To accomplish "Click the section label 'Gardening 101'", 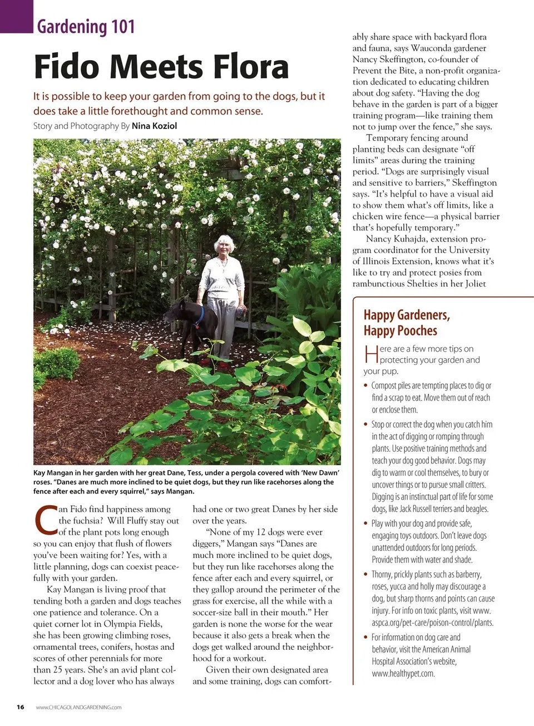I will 86,26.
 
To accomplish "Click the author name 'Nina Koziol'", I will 154,126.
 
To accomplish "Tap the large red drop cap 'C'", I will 45,519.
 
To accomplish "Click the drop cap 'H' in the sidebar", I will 371,354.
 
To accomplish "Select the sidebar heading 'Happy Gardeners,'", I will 407,315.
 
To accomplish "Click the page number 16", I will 21,707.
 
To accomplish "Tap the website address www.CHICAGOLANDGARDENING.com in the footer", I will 78,708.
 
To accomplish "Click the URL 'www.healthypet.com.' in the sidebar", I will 403,674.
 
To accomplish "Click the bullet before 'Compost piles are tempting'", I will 365,386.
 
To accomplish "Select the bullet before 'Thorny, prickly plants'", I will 365,574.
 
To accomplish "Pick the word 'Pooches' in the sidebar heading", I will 416,331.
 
